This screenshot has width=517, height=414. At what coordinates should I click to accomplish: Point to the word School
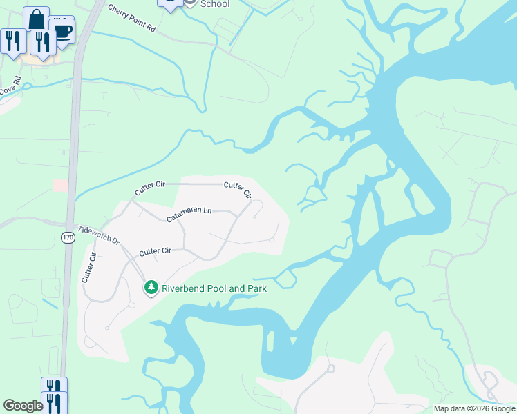coord(214,3)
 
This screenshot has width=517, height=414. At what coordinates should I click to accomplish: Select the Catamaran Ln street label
coord(189,215)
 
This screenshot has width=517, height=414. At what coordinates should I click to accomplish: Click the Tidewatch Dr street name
coord(99,236)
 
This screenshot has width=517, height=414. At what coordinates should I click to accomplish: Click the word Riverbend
coord(184,288)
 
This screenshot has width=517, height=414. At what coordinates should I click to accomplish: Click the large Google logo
coord(23,406)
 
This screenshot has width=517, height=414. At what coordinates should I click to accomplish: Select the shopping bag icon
coord(36,19)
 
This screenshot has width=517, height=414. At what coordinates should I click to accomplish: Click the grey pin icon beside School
coord(189,3)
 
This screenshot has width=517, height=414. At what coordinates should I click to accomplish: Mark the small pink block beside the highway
coord(60,185)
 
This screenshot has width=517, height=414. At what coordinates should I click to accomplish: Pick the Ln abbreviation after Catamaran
coord(207,210)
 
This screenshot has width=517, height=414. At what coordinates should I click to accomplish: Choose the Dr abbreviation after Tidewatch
coord(115,242)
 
